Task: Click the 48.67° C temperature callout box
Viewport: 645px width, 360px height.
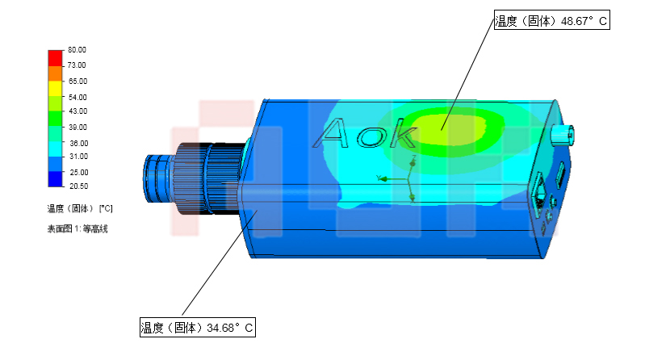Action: [x=551, y=20]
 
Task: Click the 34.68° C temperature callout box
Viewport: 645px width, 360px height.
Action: [x=198, y=327]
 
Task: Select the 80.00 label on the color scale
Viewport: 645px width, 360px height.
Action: [x=77, y=50]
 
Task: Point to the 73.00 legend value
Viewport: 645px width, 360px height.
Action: [x=77, y=65]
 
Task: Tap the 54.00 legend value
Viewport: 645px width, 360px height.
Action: [x=77, y=97]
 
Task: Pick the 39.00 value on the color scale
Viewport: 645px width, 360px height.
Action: [x=77, y=128]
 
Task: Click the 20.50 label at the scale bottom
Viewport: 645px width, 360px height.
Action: [x=78, y=186]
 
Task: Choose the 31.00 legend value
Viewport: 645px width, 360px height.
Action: [x=78, y=157]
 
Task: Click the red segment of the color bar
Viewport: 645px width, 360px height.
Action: [x=55, y=58]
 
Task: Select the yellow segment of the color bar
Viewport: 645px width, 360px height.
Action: [x=55, y=89]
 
